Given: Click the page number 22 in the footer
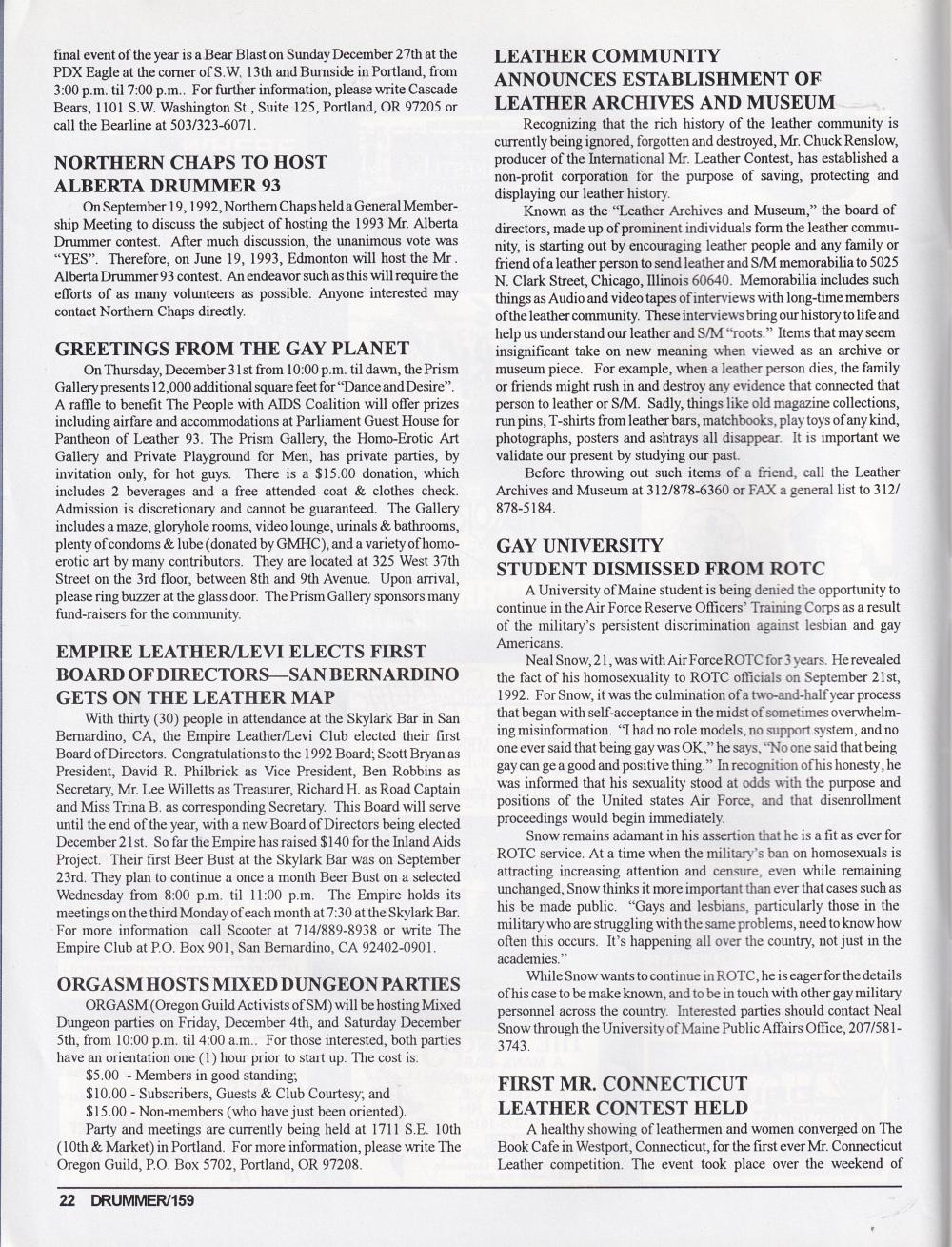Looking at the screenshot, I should click(x=66, y=1200).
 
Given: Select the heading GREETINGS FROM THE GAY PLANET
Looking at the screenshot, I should click(x=232, y=347).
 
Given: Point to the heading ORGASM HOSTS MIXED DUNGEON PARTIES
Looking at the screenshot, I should click(x=258, y=983).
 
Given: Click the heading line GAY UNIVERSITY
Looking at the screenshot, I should click(x=580, y=545).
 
